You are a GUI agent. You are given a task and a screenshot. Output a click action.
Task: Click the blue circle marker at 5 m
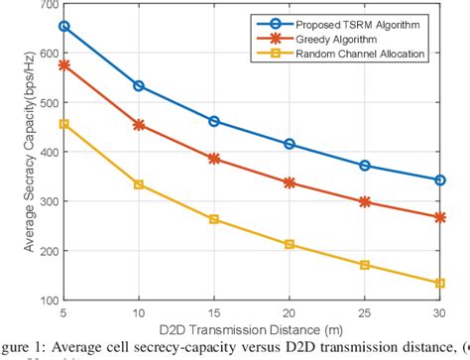coord(64,27)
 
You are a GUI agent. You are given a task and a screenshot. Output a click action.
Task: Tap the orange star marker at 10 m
coord(139,125)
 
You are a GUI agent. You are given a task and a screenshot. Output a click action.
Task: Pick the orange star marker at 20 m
coord(290,182)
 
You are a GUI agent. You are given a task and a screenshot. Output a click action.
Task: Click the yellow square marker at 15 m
coord(214,219)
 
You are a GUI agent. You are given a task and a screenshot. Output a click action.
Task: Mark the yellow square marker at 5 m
coord(64,124)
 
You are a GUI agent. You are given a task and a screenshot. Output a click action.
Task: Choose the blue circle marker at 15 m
coord(214,121)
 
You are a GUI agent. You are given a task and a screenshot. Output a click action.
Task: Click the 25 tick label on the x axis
coord(365,313)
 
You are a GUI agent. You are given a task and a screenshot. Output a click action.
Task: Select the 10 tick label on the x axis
coord(139,313)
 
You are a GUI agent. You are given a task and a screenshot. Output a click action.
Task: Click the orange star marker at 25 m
coord(365,201)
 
